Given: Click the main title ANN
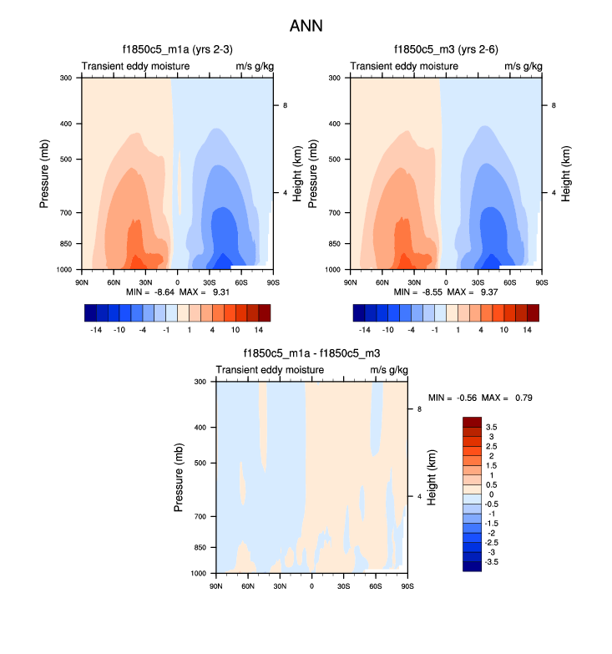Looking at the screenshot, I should click(306, 26).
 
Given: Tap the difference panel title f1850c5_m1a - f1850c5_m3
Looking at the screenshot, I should click(311, 353).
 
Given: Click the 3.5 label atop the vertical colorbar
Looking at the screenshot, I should click(492, 427).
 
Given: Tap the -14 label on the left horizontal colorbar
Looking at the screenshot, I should click(96, 330).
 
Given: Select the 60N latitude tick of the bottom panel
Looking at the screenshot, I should click(247, 586).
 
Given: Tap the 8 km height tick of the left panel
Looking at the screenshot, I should click(286, 105).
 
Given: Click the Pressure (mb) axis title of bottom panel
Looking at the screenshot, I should click(180, 478).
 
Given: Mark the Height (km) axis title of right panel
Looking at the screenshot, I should click(567, 174).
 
